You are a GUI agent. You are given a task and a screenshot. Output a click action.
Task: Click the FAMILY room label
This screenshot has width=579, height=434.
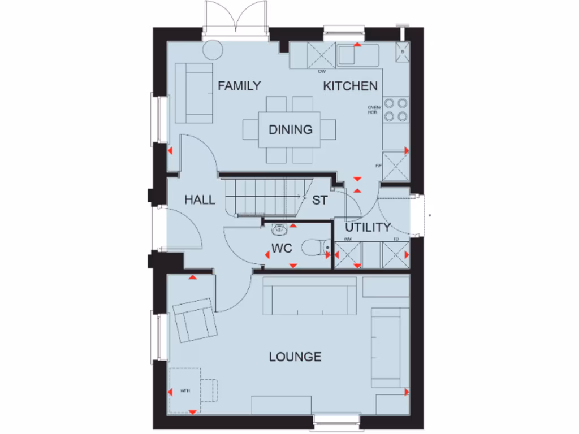(239, 86)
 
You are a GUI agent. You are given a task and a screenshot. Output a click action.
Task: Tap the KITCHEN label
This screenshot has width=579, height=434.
(350, 86)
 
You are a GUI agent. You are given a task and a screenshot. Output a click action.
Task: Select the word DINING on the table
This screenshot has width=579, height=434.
(290, 129)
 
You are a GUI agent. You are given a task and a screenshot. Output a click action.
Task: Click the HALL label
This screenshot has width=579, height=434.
(200, 199)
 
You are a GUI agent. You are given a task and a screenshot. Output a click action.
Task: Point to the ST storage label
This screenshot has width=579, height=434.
(320, 200)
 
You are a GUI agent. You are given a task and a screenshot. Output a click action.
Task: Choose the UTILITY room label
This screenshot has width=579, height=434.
(368, 228)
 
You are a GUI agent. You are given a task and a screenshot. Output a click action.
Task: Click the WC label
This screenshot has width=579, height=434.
(281, 249)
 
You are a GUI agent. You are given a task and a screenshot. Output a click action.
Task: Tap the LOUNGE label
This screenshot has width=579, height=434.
(295, 357)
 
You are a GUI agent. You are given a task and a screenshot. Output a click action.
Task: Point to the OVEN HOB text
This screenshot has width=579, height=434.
(373, 110)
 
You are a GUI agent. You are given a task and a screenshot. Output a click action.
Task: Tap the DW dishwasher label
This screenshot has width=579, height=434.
(321, 72)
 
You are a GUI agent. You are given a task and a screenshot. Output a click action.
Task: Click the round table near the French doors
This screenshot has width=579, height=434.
(213, 50)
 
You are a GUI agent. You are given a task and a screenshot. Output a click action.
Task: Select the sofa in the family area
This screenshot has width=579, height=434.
(193, 93)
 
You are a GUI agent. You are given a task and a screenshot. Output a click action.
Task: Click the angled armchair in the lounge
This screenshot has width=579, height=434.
(195, 321)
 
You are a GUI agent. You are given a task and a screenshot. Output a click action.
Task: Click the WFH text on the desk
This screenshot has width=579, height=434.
(185, 390)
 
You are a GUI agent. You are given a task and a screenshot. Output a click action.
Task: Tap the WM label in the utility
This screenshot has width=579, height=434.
(347, 239)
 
